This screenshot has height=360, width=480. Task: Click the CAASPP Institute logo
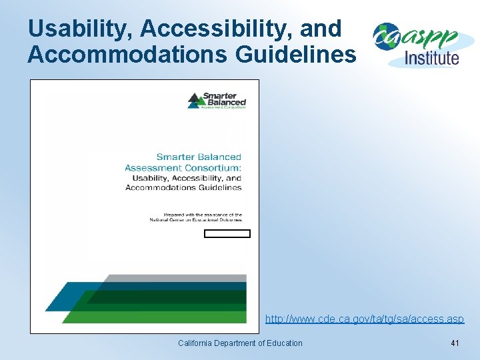pyautogui.click(x=416, y=44)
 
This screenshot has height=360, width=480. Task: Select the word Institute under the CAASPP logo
pyautogui.click(x=432, y=57)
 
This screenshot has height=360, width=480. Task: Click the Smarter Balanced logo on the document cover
pyautogui.click(x=217, y=101)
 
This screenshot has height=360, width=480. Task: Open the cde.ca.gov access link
pyautogui.click(x=364, y=319)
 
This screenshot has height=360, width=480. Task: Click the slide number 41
pyautogui.click(x=455, y=343)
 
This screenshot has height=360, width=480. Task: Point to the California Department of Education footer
pyautogui.click(x=240, y=343)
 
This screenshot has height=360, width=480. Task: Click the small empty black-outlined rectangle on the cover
pyautogui.click(x=227, y=233)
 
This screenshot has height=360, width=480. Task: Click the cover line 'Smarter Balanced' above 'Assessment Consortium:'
pyautogui.click(x=199, y=157)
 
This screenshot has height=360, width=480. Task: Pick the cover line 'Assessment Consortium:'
pyautogui.click(x=183, y=168)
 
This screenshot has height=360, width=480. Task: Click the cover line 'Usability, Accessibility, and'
pyautogui.click(x=187, y=178)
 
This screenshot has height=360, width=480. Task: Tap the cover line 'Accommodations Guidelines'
pyautogui.click(x=183, y=187)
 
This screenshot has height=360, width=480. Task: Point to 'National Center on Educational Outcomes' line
pyautogui.click(x=195, y=219)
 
